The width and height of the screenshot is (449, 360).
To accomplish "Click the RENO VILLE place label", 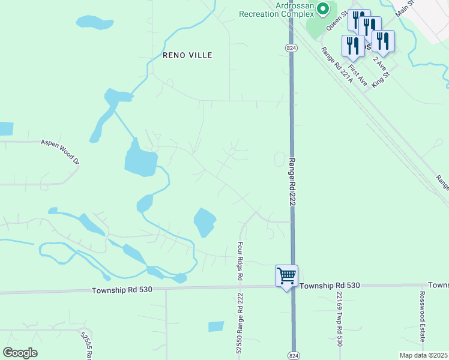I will coord(187,55).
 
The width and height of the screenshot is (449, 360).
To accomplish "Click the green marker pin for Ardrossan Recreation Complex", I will coord(323,8).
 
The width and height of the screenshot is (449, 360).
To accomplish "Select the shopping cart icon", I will coord(287,276).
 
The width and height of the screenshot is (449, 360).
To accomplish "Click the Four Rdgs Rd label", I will coord(240,262).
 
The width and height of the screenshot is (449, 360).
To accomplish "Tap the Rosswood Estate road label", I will coord(423,317).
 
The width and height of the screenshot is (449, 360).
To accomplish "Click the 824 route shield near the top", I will coord(291,47).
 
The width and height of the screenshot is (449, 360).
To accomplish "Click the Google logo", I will coord(20,353).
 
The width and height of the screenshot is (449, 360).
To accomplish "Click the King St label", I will coord(381,79).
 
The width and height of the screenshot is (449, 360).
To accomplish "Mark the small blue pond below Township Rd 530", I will coord(216,326).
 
